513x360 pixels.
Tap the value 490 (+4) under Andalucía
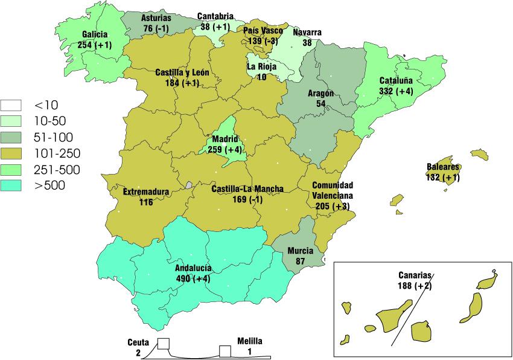pyautogui.click(x=193, y=278)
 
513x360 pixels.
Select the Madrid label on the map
pyautogui.click(x=224, y=140)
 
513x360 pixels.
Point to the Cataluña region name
pyautogui.click(x=396, y=81)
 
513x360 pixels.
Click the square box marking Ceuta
pyautogui.click(x=163, y=344)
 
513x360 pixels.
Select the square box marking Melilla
pyautogui.click(x=225, y=350)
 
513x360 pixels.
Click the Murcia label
pyautogui.click(x=300, y=251)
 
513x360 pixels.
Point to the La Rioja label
pyautogui.click(x=261, y=67)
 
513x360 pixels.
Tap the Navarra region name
pyautogui.click(x=307, y=33)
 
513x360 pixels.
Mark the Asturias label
pyautogui.click(x=156, y=18)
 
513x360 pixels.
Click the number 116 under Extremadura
pyautogui.click(x=145, y=202)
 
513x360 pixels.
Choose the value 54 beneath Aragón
pyautogui.click(x=321, y=104)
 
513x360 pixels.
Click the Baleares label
pyautogui.click(x=444, y=167)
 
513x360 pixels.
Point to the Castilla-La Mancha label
pyautogui.click(x=247, y=189)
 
